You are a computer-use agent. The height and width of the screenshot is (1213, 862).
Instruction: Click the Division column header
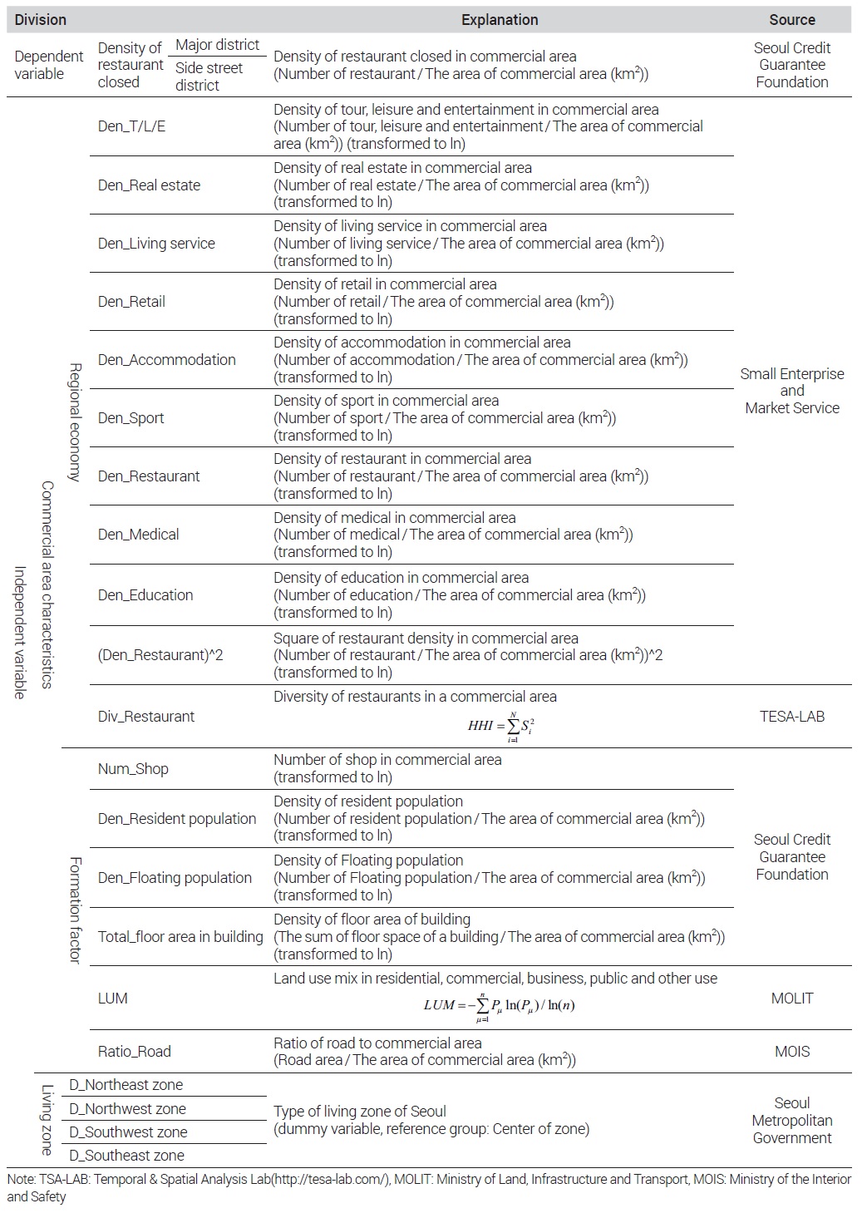click(x=40, y=19)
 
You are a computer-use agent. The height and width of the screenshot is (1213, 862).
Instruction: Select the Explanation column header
click(x=500, y=19)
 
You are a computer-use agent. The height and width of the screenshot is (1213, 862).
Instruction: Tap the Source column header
click(x=791, y=19)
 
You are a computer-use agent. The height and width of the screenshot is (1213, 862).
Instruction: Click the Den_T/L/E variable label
click(x=131, y=126)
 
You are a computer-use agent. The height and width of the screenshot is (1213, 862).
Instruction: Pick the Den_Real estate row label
click(x=149, y=185)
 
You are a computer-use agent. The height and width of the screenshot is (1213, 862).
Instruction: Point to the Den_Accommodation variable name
click(x=166, y=359)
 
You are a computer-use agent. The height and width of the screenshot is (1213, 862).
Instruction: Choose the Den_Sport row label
click(x=131, y=417)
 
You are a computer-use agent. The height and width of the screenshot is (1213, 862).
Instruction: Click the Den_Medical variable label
click(x=138, y=534)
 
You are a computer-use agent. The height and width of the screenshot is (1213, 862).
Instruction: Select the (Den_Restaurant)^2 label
click(x=160, y=655)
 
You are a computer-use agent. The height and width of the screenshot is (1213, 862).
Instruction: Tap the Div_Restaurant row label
click(x=145, y=716)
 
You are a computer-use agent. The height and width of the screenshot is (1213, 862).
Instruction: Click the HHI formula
click(x=500, y=726)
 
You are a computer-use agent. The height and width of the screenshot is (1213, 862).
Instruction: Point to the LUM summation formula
click(x=499, y=1005)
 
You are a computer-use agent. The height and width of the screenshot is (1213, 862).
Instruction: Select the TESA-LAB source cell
click(x=791, y=716)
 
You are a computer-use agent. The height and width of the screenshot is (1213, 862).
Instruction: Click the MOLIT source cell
click(x=791, y=998)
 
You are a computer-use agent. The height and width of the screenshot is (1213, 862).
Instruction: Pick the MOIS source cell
click(x=791, y=1051)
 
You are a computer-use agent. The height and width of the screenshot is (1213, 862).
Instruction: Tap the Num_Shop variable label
click(x=133, y=768)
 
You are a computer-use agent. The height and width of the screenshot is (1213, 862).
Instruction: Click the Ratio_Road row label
click(x=134, y=1051)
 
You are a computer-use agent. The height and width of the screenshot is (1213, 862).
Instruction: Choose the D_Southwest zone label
click(x=128, y=1132)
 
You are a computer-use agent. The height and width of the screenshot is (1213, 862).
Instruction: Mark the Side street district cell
click(x=209, y=76)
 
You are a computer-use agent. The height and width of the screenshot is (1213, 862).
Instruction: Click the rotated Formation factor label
click(x=75, y=910)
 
